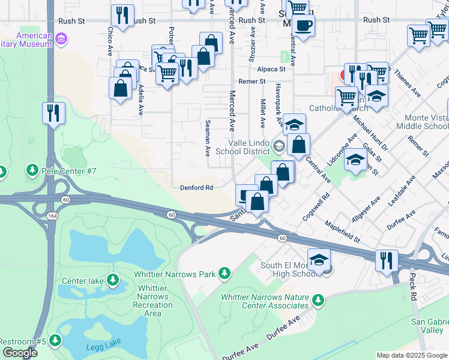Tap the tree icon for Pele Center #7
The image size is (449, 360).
pyautogui.click(x=32, y=172)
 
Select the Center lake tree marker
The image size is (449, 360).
pyautogui.click(x=112, y=280)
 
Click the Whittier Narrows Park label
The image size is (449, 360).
pyautogui.click(x=174, y=274)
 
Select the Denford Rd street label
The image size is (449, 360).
pyautogui.click(x=196, y=187)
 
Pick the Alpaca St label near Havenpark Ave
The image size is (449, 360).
pyautogui.click(x=271, y=69)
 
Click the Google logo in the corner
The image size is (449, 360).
pyautogui.click(x=20, y=353)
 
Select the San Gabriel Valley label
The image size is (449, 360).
pyautogui.click(x=427, y=326)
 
